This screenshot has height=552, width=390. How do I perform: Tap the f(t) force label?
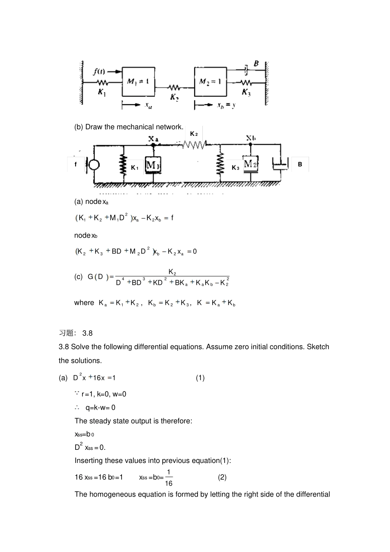tap(99, 71)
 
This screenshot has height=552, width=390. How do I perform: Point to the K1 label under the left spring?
tap(102, 92)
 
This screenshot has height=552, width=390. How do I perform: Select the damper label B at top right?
tap(256, 64)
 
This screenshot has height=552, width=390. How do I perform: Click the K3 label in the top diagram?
tap(246, 92)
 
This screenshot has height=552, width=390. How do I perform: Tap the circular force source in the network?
tap(94, 165)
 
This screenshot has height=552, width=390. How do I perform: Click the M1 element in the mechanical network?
tap(153, 165)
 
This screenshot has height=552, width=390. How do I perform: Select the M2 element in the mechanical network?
tap(250, 164)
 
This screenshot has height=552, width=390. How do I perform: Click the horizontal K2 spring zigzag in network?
tap(194, 144)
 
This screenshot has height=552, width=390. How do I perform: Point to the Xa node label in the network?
tap(153, 139)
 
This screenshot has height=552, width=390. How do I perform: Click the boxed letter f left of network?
tap(76, 165)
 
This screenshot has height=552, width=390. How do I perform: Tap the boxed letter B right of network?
tap(300, 165)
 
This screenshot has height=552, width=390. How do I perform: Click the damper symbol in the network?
tap(281, 165)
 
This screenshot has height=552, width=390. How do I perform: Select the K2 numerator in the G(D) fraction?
tap(172, 272)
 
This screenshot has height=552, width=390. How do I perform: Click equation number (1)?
tap(200, 378)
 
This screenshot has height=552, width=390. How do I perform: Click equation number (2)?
tap(222, 477)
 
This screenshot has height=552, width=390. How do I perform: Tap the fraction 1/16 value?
tap(169, 478)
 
